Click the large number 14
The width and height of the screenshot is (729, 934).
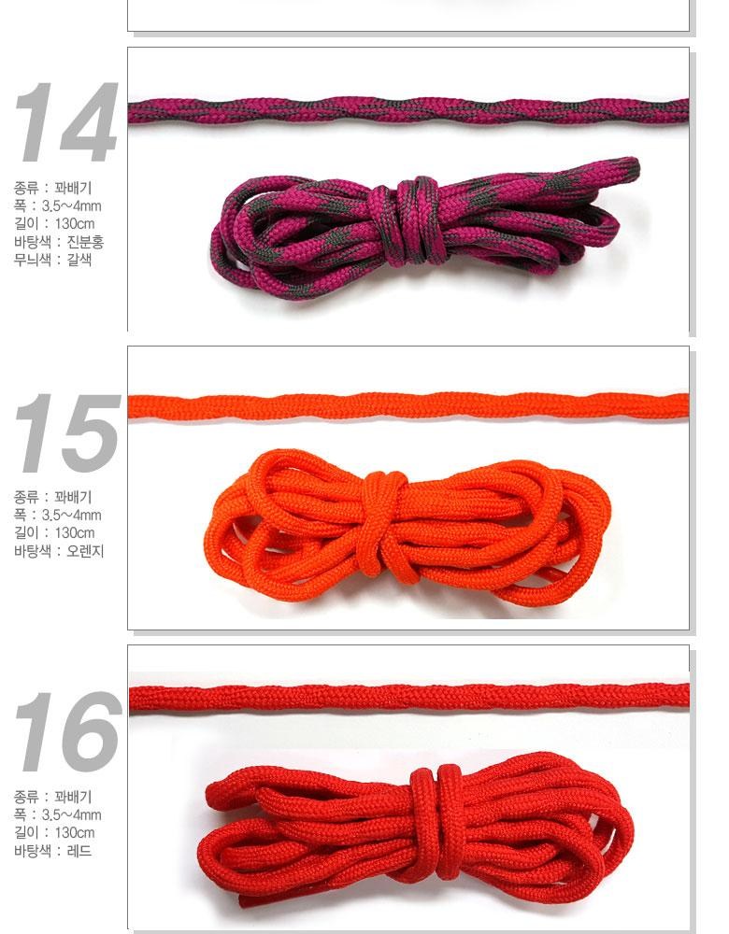coord(66,122)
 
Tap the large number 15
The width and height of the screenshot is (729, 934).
coord(67,432)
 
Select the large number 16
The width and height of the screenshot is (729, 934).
coord(67,731)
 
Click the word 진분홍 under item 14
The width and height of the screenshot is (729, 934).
coord(85,241)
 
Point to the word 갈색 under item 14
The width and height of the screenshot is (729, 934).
coord(79,259)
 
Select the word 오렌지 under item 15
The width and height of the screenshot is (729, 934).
coord(85,550)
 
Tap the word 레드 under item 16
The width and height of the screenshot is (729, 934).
coord(79,851)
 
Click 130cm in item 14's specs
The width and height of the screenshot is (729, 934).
coord(75,223)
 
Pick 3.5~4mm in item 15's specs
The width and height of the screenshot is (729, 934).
coord(71,515)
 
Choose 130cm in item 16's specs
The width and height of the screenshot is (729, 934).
coord(75,833)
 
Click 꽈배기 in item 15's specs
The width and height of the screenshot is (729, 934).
coord(73,497)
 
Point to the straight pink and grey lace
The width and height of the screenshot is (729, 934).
coord(408,111)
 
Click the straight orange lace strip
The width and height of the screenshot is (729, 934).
coord(408,405)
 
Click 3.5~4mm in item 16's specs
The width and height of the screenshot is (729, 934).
coord(71,814)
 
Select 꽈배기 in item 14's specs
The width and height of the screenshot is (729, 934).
coord(73,188)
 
